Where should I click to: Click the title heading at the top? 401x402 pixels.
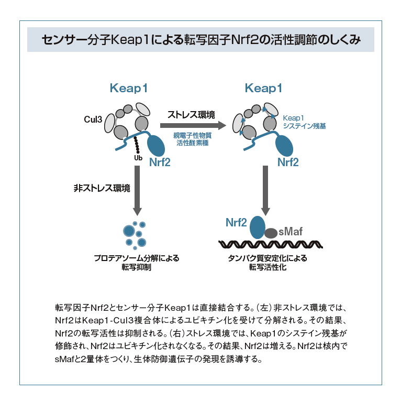click(200, 40)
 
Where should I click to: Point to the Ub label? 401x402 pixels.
click(138, 158)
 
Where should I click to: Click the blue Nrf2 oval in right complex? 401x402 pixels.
click(286, 144)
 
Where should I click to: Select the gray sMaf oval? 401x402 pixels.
click(271, 233)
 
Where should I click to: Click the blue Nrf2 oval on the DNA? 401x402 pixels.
click(257, 226)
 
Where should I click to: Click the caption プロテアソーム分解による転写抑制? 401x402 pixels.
click(137, 262)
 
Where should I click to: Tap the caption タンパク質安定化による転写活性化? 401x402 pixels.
click(268, 262)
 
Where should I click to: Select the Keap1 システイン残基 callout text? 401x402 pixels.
click(304, 122)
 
